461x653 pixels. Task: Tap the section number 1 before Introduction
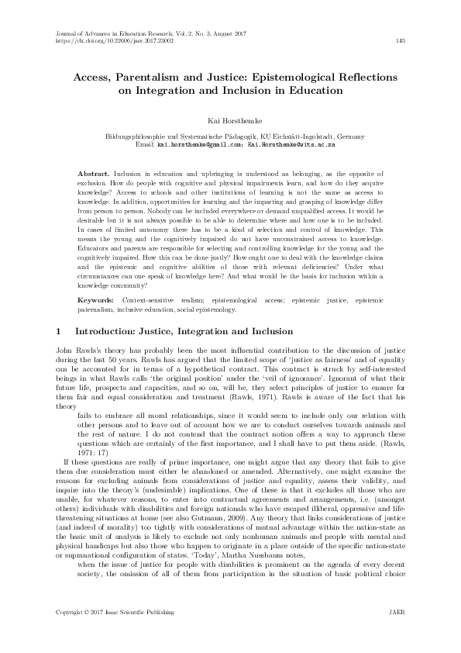pos(60,331)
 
